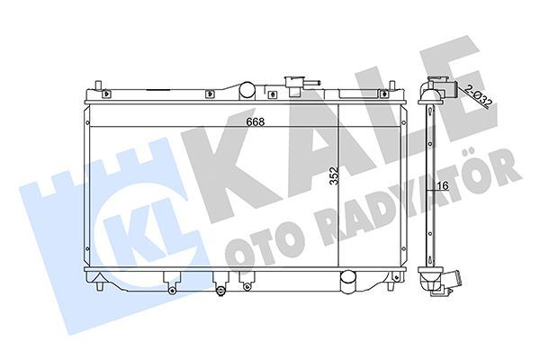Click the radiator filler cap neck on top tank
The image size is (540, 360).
292,85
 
